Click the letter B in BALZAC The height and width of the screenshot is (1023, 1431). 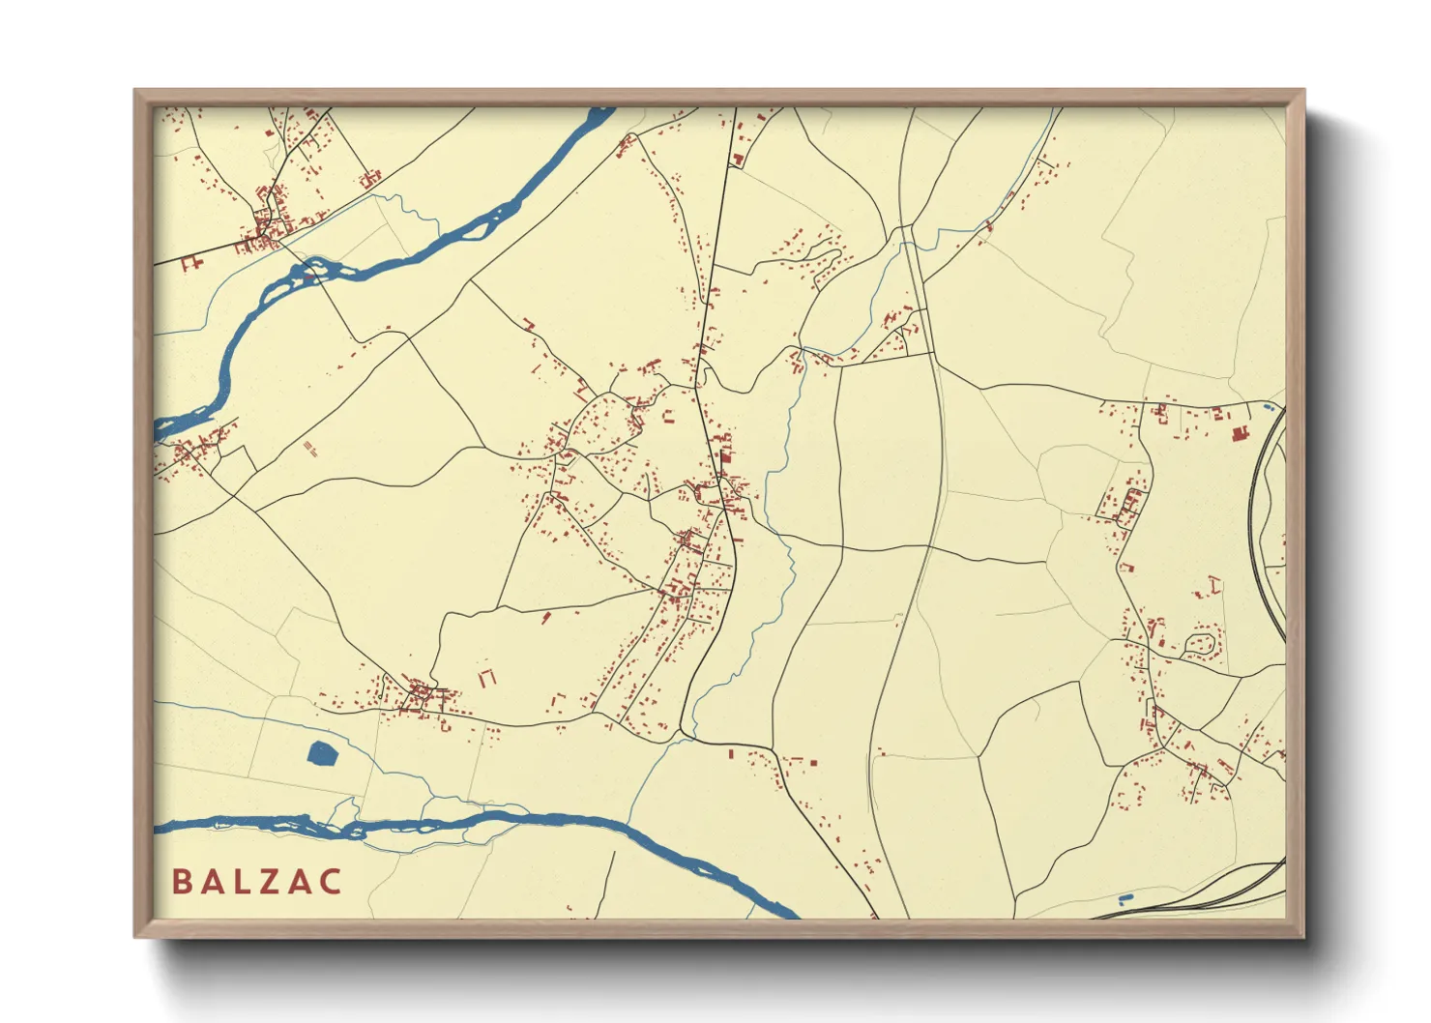click(181, 882)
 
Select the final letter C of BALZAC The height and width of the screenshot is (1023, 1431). click(331, 882)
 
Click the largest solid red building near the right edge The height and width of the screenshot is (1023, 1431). click(1241, 434)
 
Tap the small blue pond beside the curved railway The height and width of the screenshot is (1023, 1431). click(1267, 408)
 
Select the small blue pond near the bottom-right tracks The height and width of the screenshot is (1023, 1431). click(1124, 901)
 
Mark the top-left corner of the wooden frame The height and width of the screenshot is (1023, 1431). click(136, 92)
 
